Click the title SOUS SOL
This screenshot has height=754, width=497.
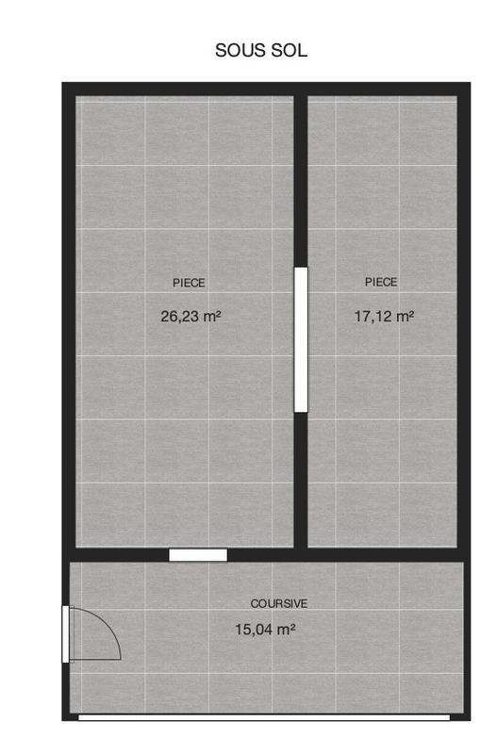pyautogui.click(x=261, y=51)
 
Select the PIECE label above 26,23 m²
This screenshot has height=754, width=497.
pyautogui.click(x=189, y=283)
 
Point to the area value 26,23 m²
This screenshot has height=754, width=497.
pyautogui.click(x=191, y=318)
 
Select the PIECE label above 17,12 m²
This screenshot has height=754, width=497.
pyautogui.click(x=381, y=282)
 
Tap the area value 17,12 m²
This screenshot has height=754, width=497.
pyautogui.click(x=384, y=318)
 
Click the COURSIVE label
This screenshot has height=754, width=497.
pyautogui.click(x=278, y=603)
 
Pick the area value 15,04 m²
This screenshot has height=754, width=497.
pyautogui.click(x=264, y=629)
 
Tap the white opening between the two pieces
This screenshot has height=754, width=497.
pyautogui.click(x=301, y=339)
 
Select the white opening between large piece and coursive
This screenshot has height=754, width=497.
pyautogui.click(x=198, y=555)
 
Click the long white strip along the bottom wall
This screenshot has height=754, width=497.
pyautogui.click(x=264, y=717)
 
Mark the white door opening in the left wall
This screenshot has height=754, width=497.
pyautogui.click(x=65, y=633)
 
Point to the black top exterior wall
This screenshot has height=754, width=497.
pyautogui.click(x=264, y=89)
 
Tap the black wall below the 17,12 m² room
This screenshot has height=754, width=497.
pyautogui.click(x=387, y=554)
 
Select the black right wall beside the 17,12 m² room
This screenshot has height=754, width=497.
pyautogui.click(x=463, y=320)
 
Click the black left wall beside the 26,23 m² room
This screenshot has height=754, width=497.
pyautogui.click(x=69, y=320)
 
